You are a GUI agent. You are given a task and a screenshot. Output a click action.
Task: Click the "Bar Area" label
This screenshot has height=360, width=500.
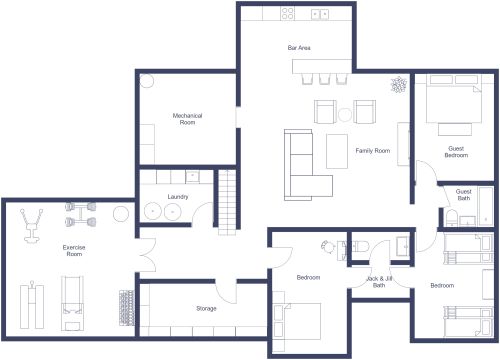(x=297, y=47)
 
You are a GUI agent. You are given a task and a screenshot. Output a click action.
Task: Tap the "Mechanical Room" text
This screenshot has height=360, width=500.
(x=187, y=119)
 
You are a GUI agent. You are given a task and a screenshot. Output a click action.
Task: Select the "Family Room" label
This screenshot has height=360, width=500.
(x=372, y=151)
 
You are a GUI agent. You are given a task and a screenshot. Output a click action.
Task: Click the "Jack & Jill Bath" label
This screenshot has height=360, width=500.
(x=379, y=281)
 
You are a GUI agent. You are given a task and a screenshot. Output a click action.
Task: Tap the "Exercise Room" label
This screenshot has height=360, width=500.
(x=73, y=250)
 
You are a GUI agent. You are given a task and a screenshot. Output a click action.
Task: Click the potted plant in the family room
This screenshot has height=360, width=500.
(x=398, y=85)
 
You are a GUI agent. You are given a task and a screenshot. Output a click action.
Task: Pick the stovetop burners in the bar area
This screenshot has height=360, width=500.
(x=288, y=13)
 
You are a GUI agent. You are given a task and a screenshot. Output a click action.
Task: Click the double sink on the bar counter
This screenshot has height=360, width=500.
(x=322, y=13)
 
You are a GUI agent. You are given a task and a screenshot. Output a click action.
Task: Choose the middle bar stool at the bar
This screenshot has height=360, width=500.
(x=323, y=78)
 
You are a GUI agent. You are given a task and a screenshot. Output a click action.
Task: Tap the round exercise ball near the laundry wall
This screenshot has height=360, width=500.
(x=121, y=213)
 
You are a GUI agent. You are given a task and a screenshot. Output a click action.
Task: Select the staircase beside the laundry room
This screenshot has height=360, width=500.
(x=226, y=199)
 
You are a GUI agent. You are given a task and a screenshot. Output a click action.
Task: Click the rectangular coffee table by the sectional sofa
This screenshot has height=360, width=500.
(x=338, y=151)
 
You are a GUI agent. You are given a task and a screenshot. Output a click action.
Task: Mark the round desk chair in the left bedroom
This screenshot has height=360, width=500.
(x=327, y=245)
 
